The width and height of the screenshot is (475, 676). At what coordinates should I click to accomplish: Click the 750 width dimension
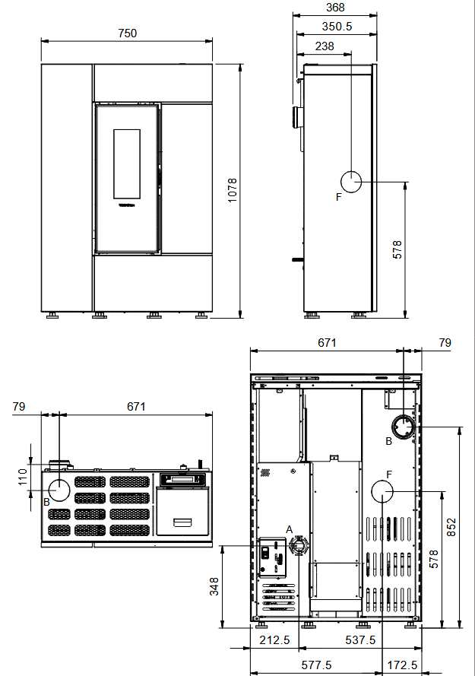(127, 33)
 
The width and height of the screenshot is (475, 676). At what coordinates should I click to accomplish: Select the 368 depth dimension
(334, 8)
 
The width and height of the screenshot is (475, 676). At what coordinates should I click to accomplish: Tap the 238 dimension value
(325, 46)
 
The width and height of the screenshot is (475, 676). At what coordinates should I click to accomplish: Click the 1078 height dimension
(233, 190)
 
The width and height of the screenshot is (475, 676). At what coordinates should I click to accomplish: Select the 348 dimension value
(214, 587)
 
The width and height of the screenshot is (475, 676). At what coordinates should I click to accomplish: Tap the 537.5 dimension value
(360, 640)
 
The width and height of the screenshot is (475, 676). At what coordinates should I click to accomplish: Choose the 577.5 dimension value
(316, 665)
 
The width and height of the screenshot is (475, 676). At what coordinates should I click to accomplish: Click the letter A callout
(289, 528)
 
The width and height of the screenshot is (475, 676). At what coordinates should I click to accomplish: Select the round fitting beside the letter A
(299, 546)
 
